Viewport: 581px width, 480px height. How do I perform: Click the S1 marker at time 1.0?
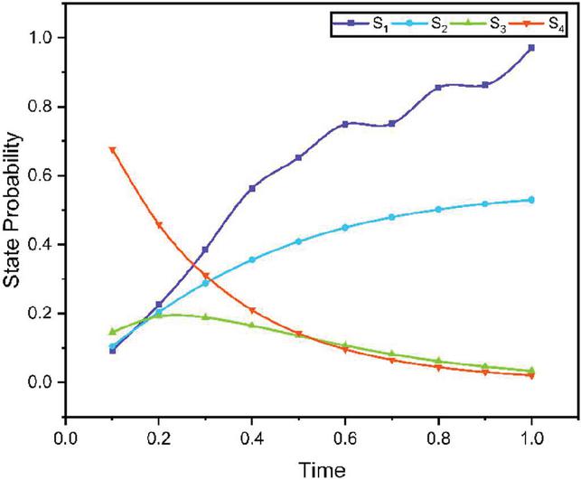pos(531,48)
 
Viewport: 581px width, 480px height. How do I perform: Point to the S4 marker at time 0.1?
pos(112,150)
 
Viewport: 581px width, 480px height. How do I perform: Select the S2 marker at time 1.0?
pos(531,200)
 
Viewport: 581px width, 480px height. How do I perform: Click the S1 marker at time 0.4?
pos(252,188)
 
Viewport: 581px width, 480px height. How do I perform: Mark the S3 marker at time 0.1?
pos(112,332)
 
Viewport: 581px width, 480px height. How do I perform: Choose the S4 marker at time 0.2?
pos(159,225)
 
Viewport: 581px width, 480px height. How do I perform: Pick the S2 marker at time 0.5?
pos(299,241)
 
